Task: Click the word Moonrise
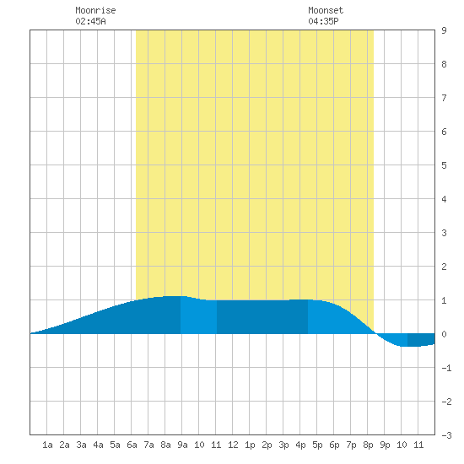point(95,10)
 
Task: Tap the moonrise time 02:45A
point(90,21)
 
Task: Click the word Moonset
point(326,10)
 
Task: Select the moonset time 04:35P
point(323,21)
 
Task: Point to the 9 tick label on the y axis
point(444,30)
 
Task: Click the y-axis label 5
point(444,165)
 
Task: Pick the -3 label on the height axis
point(447,435)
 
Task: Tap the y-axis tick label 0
point(444,334)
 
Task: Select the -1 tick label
point(447,368)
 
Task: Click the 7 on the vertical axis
point(444,98)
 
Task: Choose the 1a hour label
point(47,445)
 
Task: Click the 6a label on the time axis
point(132,445)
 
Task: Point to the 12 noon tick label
point(233,445)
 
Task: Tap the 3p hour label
point(283,445)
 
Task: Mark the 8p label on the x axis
point(368,445)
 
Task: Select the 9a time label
point(182,445)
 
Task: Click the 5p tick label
point(317,445)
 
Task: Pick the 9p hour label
point(385,445)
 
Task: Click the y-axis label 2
point(444,267)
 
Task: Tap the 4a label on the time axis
point(98,445)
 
